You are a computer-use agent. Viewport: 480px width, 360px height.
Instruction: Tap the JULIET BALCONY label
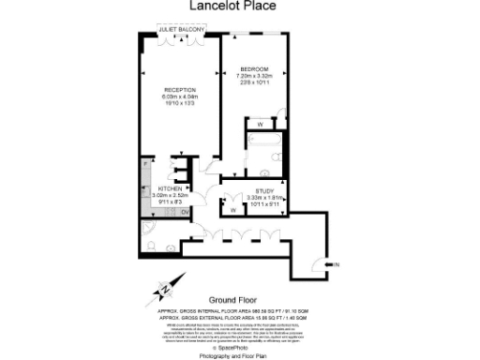182,30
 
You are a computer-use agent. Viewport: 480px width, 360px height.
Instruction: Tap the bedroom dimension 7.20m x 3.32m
255,76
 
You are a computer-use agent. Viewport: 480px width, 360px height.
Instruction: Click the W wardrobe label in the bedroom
259,124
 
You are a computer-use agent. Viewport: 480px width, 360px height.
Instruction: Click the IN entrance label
337,266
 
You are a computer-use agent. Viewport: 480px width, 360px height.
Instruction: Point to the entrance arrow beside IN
327,266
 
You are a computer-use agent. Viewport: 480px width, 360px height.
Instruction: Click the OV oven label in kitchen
185,211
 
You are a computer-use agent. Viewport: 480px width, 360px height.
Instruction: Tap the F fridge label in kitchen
145,165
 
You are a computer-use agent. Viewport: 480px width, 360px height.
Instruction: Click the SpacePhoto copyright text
239,343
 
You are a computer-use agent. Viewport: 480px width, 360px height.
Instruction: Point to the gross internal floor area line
240,308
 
